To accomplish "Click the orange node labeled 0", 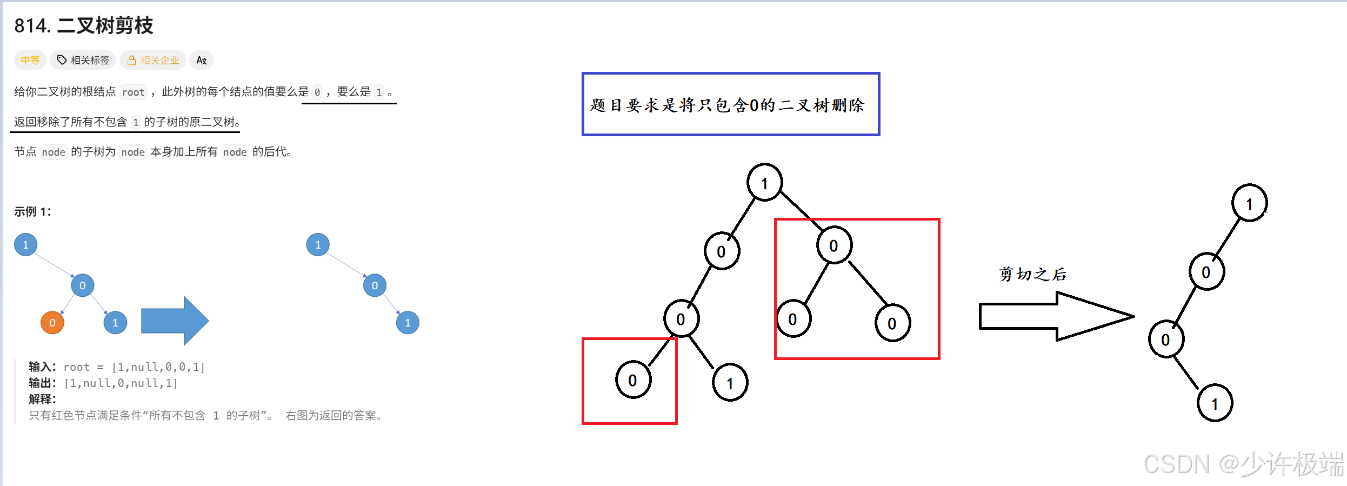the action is (x=52, y=323).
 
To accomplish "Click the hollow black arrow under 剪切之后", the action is (x=1054, y=316).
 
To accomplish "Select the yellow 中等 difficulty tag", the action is (x=30, y=60).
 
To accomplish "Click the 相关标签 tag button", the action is (x=83, y=60).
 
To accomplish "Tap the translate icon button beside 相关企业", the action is (x=202, y=60).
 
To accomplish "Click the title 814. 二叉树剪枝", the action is (x=84, y=25).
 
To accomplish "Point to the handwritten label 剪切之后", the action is (x=1032, y=274).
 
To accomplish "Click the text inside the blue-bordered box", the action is (x=727, y=105).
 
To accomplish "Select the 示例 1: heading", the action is (x=33, y=211).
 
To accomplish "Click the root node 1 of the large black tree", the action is (x=764, y=183).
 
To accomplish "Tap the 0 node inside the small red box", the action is (x=632, y=380).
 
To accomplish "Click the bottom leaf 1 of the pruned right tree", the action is (x=1215, y=403).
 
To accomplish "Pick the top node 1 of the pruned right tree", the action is (x=1249, y=204).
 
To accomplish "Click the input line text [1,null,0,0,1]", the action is (x=158, y=367).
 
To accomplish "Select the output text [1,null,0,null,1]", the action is (x=121, y=383).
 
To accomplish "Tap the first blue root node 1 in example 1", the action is (x=25, y=244).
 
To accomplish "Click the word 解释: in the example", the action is (x=42, y=399).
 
